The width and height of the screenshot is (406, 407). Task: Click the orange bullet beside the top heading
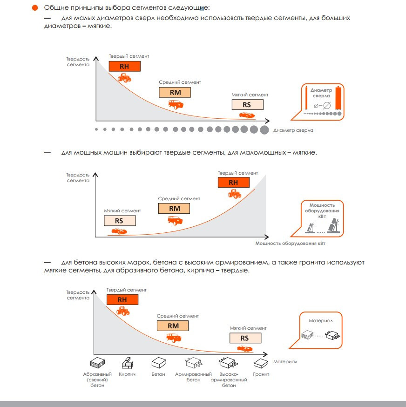tap(35, 8)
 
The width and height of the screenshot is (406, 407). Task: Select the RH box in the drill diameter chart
tap(125, 66)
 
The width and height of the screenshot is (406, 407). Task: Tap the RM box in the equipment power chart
tap(174, 209)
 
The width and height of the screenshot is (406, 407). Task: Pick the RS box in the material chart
tap(245, 338)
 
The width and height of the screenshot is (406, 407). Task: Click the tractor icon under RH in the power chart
tap(234, 194)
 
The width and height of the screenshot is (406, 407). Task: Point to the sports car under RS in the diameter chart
tap(247, 115)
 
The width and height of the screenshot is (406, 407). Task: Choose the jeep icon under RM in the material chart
tap(174, 338)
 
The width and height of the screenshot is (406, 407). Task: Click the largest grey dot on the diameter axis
tap(264, 130)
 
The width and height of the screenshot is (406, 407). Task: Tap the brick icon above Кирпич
tap(128, 363)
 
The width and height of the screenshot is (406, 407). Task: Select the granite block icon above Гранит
tap(261, 363)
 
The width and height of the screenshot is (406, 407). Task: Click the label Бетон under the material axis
tap(158, 374)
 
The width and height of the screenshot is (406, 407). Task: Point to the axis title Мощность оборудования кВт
tap(290, 243)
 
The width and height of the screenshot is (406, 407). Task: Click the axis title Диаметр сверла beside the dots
tap(293, 130)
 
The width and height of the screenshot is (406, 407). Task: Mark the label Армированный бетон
tap(193, 377)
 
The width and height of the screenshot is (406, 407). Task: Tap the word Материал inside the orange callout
tap(321, 320)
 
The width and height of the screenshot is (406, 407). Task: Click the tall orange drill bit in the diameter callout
tap(338, 98)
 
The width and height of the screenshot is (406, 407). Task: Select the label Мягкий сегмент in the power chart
tap(122, 211)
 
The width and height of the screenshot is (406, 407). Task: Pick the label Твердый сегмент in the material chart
tap(127, 290)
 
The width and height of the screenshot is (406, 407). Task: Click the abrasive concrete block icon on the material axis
tap(97, 363)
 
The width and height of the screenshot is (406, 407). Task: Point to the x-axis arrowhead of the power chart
tap(267, 237)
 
